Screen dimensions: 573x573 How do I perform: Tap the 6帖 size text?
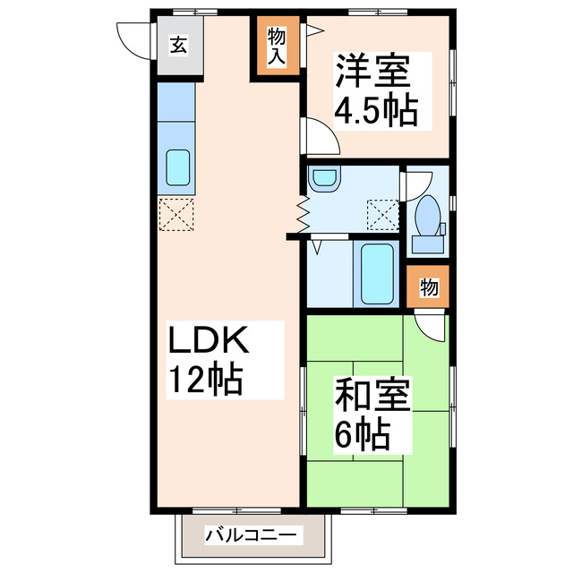[x=363, y=435]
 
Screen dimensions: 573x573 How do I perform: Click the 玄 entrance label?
[x=179, y=45]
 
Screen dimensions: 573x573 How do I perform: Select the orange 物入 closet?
[x=276, y=47]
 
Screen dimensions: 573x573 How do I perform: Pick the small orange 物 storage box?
[x=429, y=287]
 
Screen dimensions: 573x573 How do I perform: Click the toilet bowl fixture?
[x=428, y=216]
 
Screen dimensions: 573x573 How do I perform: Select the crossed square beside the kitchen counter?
[x=175, y=215]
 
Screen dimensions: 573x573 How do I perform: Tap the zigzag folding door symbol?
[x=302, y=213]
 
